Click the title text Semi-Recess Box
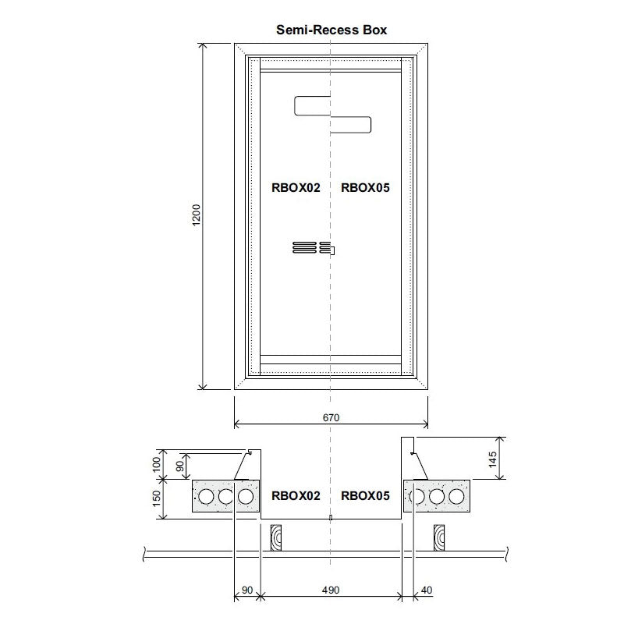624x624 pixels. [331, 30]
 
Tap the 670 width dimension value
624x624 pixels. [331, 418]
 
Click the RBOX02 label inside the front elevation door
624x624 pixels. [296, 187]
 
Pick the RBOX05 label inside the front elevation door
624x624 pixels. [365, 187]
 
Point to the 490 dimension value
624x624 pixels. [331, 590]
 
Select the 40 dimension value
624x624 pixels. [426, 590]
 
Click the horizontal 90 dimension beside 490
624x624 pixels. [246, 590]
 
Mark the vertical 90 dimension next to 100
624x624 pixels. [181, 466]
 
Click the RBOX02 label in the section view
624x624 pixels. [296, 495]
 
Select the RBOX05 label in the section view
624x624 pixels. [365, 495]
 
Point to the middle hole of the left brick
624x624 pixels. [226, 497]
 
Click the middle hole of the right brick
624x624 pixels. [437, 497]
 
